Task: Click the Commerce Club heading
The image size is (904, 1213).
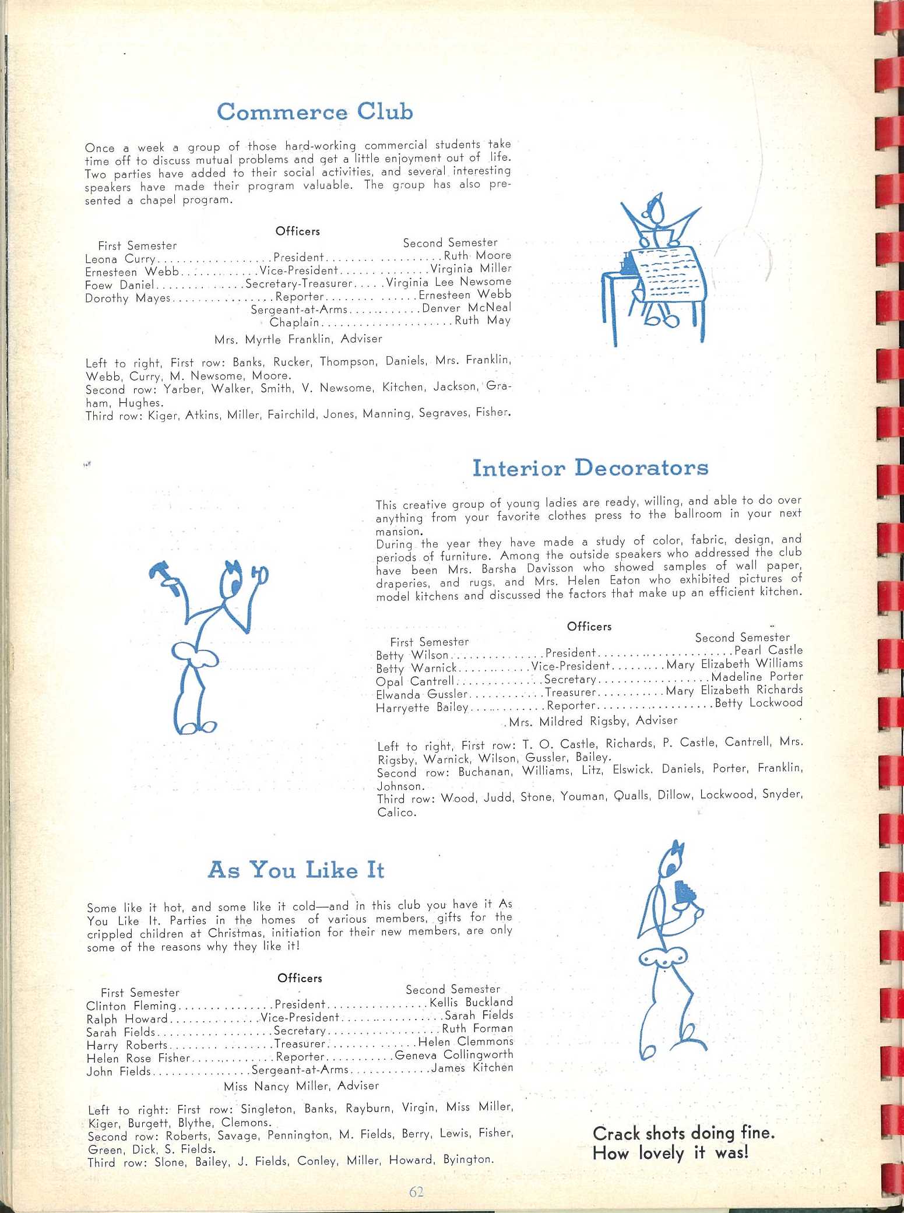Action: (315, 111)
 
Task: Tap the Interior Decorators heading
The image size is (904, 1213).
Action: (590, 468)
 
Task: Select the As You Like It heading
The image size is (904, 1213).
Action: (296, 870)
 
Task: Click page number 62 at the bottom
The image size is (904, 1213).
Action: (416, 1191)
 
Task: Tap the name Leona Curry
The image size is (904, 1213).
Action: (120, 259)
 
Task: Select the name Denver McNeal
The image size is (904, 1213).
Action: (466, 308)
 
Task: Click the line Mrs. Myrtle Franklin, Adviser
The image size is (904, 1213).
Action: (298, 339)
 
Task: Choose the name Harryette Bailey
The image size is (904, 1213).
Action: (422, 708)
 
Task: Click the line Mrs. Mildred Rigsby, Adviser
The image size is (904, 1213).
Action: (593, 721)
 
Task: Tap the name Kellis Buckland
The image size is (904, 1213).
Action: (471, 1002)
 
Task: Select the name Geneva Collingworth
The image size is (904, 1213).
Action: (453, 1054)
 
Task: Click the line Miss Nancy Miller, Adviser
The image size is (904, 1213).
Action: (301, 1086)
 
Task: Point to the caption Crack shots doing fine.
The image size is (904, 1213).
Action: (683, 1133)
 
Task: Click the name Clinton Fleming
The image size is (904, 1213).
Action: (131, 1005)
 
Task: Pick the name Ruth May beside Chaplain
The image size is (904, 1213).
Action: (483, 321)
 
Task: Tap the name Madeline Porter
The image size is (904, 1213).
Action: (757, 677)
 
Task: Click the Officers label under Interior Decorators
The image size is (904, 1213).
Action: (589, 627)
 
